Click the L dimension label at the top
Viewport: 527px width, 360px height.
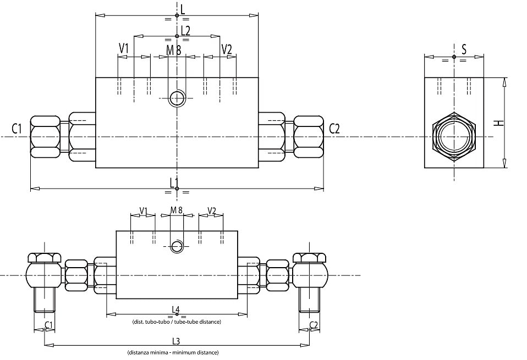pos(183,9)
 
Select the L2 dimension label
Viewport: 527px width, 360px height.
pos(185,31)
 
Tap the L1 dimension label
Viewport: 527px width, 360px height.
pos(174,183)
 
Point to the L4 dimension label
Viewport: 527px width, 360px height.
pos(176,309)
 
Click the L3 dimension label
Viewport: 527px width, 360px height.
pos(176,341)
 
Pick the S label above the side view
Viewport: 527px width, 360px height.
pos(464,49)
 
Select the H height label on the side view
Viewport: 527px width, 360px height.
pos(501,123)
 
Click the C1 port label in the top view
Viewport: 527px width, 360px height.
pos(17,129)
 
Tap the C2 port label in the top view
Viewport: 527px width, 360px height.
pos(334,129)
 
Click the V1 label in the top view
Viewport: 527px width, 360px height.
pos(124,49)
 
